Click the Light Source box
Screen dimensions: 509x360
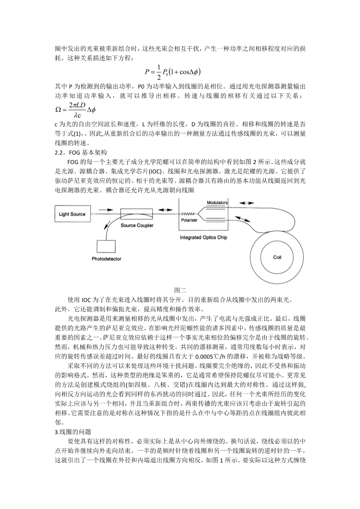[72, 214]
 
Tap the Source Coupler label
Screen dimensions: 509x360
[137, 225]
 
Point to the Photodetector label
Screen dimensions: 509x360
[106, 259]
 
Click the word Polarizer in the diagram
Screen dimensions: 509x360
[189, 220]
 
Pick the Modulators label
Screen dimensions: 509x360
[217, 203]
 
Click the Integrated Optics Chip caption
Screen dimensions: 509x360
[203, 237]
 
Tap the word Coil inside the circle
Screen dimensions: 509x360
[277, 257]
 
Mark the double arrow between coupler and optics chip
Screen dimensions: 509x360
[165, 210]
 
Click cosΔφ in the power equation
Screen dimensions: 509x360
[185, 72]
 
